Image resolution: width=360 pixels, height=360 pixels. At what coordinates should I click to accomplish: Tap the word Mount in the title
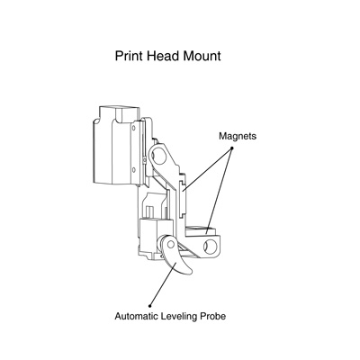(202, 56)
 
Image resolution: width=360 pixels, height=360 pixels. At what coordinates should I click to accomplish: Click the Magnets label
(238, 136)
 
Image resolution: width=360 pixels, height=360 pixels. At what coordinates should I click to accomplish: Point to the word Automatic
(137, 316)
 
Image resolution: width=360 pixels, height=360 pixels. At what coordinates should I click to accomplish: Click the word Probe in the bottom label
(212, 316)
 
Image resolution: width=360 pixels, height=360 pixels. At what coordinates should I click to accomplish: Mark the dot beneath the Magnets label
(231, 148)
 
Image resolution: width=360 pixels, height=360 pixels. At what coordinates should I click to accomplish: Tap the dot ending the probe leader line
(150, 306)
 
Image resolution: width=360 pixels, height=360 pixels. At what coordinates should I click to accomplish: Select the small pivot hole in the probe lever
(171, 245)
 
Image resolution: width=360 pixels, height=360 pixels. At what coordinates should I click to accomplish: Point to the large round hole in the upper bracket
(159, 156)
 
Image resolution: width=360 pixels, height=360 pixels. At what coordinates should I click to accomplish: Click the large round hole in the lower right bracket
(211, 247)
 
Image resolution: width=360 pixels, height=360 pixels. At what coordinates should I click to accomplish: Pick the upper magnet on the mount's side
(184, 198)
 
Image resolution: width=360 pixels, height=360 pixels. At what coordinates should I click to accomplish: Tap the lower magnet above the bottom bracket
(201, 230)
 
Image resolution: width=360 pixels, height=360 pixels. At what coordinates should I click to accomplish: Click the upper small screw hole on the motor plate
(134, 128)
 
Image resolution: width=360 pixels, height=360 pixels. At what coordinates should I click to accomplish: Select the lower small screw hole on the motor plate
(134, 170)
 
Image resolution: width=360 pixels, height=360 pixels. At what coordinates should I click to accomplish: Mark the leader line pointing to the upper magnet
(207, 169)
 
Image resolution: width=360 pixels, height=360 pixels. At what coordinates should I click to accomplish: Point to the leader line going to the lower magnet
(219, 191)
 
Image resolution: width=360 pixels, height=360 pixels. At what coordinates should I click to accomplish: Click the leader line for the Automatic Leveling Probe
(162, 284)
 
